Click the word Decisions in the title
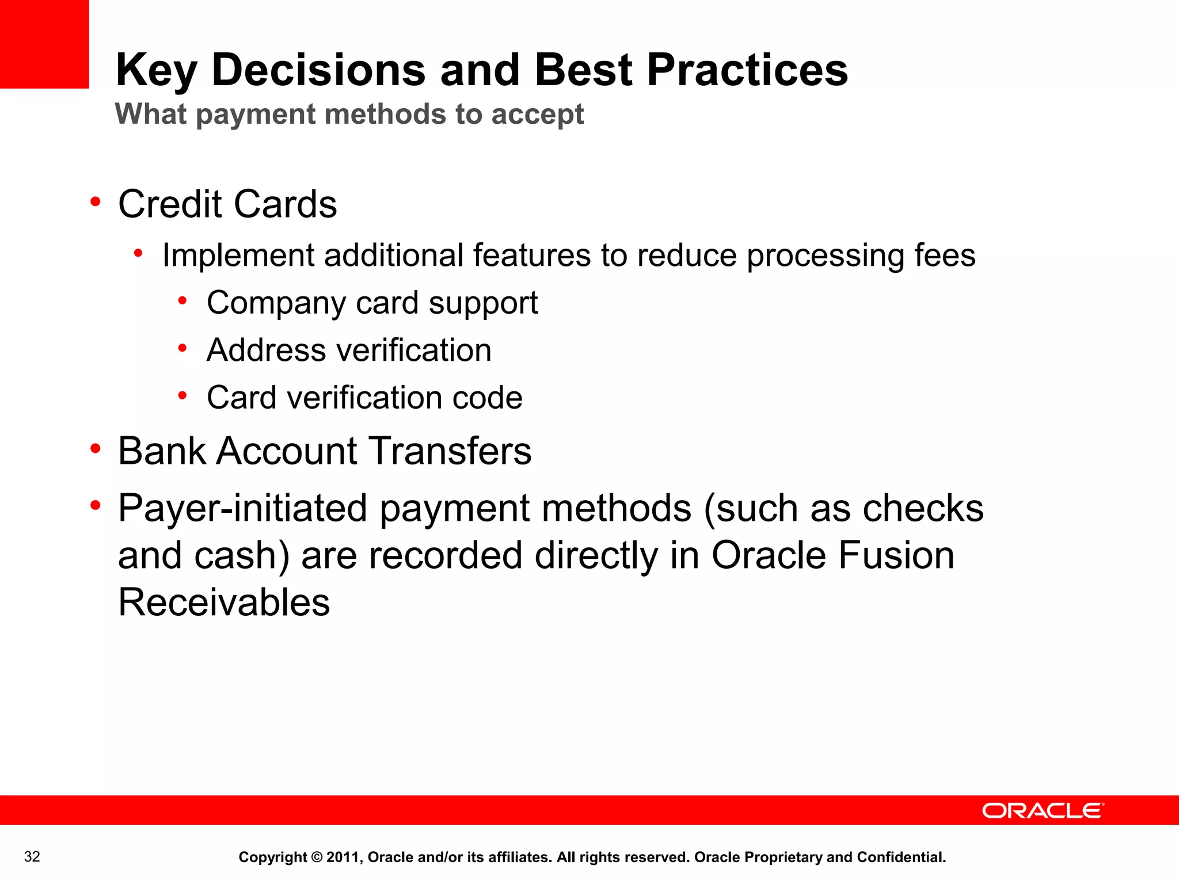coord(318,70)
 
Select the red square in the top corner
coord(44,44)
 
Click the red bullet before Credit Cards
coord(96,201)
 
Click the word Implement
coord(238,256)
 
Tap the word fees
coord(945,256)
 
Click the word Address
coord(259,350)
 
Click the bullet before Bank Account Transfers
coord(96,448)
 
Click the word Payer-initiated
coord(242,509)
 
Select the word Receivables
coord(224,603)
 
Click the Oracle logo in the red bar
coord(1043,810)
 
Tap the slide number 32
coord(32,857)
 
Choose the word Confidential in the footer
coord(901,858)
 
